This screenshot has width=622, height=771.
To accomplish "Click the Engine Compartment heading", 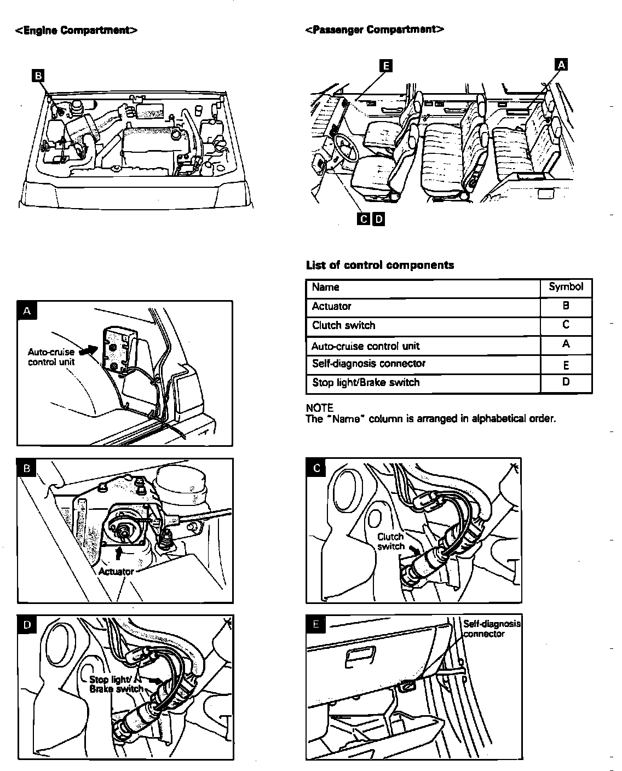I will (x=76, y=30).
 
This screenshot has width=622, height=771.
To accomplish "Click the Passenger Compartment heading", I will (x=374, y=29).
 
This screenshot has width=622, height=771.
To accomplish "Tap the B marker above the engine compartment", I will (x=38, y=76).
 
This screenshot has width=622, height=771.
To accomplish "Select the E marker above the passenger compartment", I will (x=386, y=66).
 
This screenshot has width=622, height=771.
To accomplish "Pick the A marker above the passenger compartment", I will (x=561, y=65).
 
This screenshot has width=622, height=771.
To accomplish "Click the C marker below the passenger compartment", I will (x=364, y=220).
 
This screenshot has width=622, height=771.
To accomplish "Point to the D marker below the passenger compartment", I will (x=378, y=220).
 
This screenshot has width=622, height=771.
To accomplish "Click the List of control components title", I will (x=379, y=266).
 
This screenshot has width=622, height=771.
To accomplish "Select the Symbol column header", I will (x=566, y=286).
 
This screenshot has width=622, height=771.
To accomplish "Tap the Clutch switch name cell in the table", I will (x=344, y=326).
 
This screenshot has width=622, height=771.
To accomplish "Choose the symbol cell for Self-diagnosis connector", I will (x=566, y=365).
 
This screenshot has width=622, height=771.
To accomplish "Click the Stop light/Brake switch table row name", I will (x=366, y=383).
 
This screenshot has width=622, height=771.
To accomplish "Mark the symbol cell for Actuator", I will (x=566, y=307).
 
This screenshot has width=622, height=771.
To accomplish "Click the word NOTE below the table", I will (x=320, y=408).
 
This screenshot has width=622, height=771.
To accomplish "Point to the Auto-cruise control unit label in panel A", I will (x=51, y=357).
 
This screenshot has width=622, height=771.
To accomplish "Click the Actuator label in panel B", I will (x=116, y=572).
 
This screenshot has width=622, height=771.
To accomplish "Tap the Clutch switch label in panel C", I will (x=391, y=542).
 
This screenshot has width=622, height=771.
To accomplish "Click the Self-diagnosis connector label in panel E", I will (x=491, y=629).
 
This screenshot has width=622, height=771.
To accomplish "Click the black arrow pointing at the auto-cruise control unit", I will (x=88, y=349).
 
